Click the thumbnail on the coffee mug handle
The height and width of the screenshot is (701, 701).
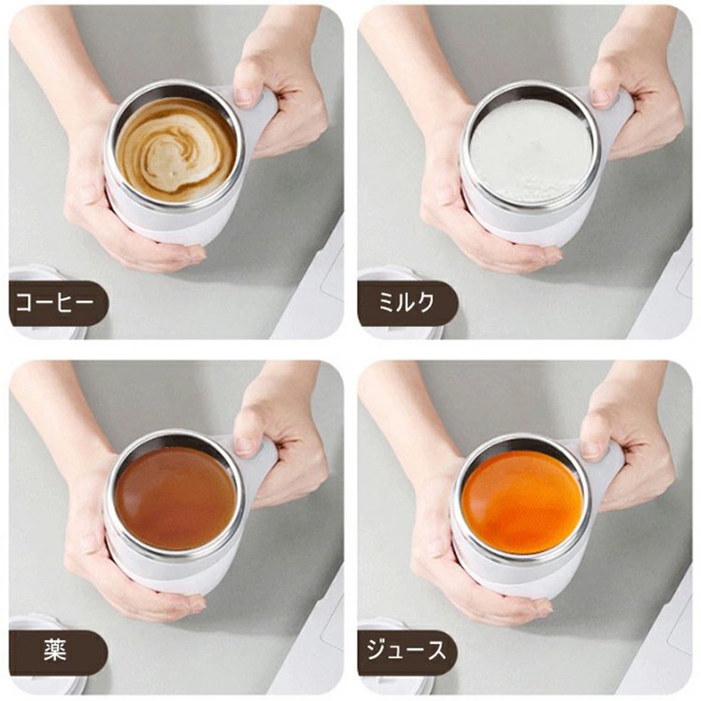(244, 96)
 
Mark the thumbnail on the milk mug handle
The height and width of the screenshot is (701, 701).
(600, 96)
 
